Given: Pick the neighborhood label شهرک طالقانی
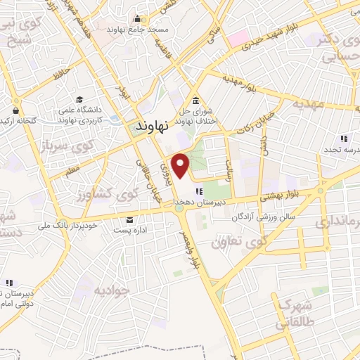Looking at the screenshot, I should pos(295,315).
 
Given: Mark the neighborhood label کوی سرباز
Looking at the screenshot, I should pos(44,143).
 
